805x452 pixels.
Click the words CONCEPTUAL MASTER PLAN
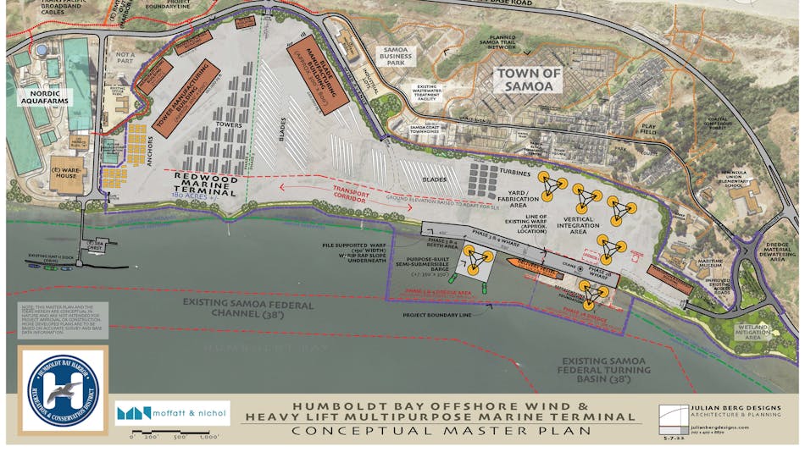coord(437,430)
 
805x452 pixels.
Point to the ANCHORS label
coord(115,165)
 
